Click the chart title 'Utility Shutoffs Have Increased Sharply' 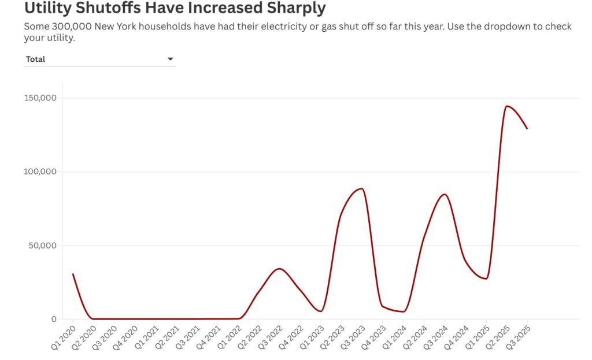[175, 9]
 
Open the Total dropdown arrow [170, 59]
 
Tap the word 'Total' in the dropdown [35, 59]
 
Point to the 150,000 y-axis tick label [40, 98]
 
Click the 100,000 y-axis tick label [40, 172]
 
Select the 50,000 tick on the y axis [42, 245]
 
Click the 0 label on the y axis [54, 319]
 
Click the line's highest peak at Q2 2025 [507, 106]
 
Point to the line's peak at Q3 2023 [362, 188]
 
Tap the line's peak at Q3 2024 [444, 194]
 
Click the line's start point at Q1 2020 [73, 274]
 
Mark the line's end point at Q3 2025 [527, 128]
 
